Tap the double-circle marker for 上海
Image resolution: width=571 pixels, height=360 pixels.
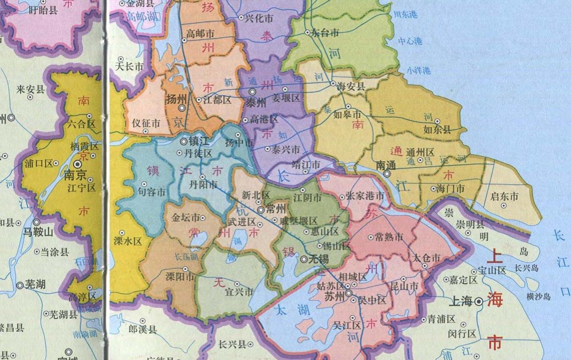click(x=479, y=302)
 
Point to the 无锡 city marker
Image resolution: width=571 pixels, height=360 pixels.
click(x=304, y=260)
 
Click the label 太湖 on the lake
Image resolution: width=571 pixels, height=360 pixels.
click(x=286, y=311)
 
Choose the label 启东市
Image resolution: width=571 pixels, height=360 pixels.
click(x=505, y=197)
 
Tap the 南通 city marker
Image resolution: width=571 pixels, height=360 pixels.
click(x=387, y=173)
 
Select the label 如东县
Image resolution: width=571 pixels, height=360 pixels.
click(x=437, y=130)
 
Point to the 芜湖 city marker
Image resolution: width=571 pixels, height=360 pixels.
click(x=20, y=285)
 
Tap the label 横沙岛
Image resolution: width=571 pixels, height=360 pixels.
click(x=539, y=296)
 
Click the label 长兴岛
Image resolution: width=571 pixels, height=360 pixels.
click(x=527, y=268)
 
